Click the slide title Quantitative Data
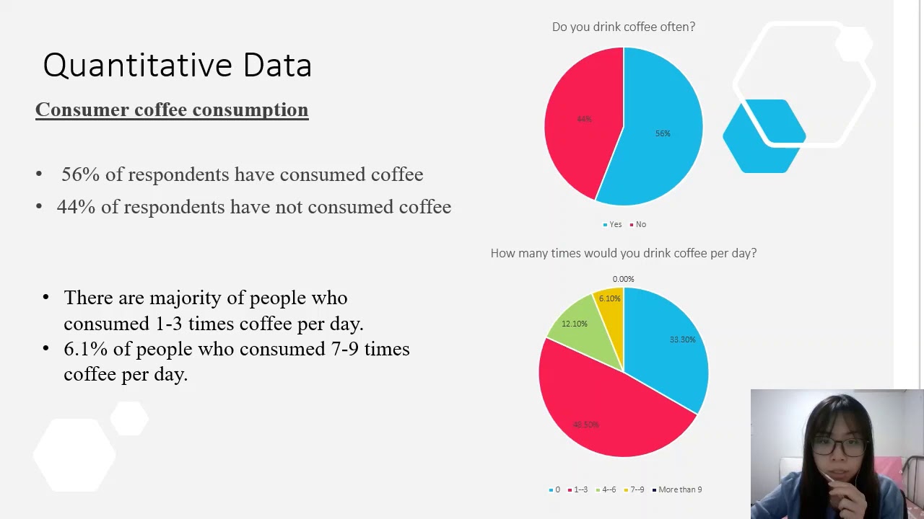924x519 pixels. [x=177, y=65]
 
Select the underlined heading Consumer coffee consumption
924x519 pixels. [x=172, y=110]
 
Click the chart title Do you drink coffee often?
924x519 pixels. [x=623, y=27]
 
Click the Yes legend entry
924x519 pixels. [x=612, y=224]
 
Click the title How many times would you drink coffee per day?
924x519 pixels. [x=623, y=253]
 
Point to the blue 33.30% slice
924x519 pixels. [x=671, y=339]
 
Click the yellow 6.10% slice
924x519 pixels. [x=611, y=303]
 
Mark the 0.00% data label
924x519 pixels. [x=623, y=279]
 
